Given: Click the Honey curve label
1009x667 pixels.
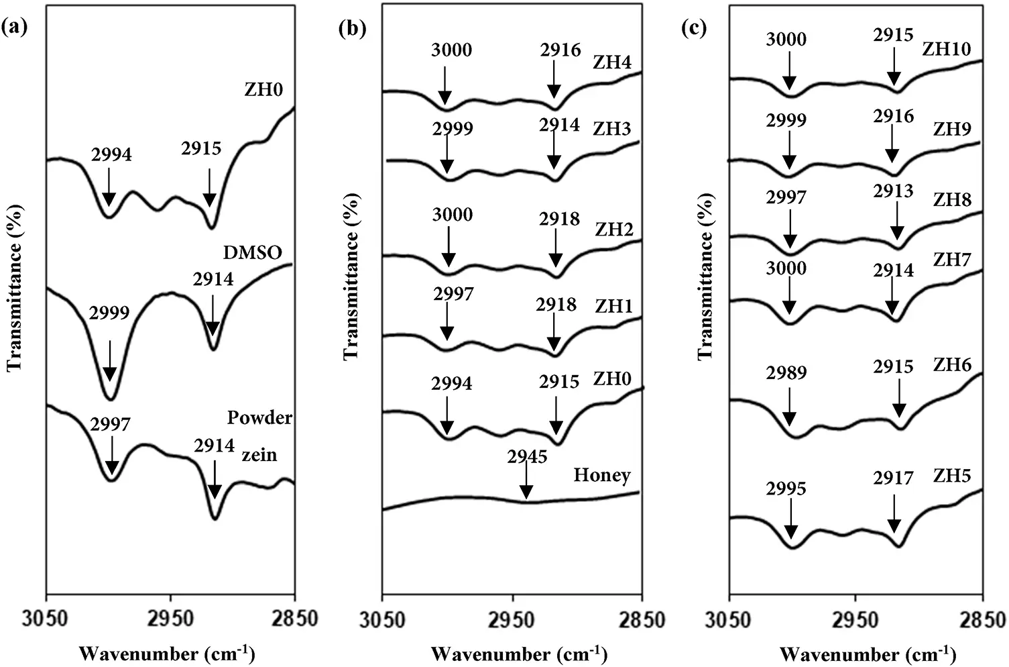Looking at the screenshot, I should [x=601, y=475].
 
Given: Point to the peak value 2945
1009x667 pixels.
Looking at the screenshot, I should [x=527, y=457].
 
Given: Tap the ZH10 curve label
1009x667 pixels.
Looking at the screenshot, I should [x=946, y=49].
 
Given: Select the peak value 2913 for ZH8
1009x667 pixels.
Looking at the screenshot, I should [x=893, y=191].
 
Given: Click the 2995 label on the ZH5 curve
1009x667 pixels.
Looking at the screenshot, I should [x=786, y=489].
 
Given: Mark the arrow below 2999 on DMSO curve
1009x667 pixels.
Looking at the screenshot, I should [x=109, y=356].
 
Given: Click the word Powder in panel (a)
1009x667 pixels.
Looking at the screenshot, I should [x=259, y=417].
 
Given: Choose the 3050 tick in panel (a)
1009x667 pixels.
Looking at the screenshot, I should [x=46, y=617].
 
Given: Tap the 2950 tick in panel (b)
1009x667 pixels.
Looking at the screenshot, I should [x=512, y=617].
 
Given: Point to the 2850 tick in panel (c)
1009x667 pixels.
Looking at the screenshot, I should [x=982, y=617].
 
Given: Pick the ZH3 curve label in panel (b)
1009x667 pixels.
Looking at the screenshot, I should [x=611, y=129].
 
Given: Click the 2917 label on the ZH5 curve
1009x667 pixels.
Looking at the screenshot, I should [x=893, y=478].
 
